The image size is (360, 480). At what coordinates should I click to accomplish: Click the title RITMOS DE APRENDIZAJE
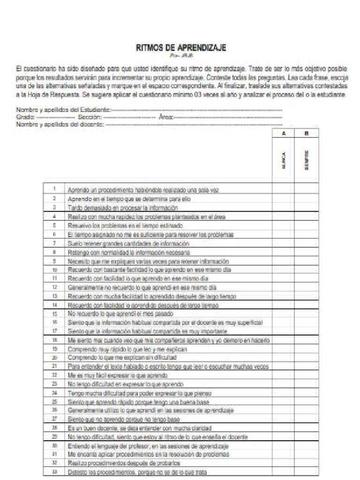(180, 48)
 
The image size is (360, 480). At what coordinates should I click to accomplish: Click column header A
(284, 134)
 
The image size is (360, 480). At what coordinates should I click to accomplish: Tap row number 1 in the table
(54, 189)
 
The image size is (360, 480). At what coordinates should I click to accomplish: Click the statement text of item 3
(123, 207)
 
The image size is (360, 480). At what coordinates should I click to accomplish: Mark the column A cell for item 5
(284, 225)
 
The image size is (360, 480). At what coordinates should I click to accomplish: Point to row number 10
(54, 270)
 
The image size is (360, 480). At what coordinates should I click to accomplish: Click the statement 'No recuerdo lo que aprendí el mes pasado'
(121, 314)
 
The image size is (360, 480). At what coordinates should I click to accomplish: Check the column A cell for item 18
(284, 340)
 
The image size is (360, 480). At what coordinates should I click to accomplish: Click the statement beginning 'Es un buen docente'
(140, 428)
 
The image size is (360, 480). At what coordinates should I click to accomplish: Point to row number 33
(54, 472)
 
